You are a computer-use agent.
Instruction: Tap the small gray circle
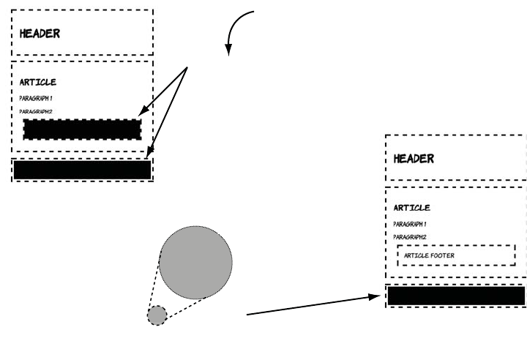pos(157,315)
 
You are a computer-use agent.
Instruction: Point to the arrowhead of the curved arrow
pos(228,53)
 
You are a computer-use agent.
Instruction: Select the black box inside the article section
pos(82,129)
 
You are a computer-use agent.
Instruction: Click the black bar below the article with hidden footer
pos(82,170)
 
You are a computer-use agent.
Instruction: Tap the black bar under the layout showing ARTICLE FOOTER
pos(455,296)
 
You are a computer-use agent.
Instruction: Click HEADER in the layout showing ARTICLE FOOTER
pos(414,158)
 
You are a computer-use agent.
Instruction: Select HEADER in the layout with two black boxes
pos(40,33)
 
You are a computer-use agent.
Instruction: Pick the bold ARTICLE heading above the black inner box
pos(38,82)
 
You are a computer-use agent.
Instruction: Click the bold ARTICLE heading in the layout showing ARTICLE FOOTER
pos(412,208)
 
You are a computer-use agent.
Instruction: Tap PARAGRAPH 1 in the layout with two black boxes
pos(36,98)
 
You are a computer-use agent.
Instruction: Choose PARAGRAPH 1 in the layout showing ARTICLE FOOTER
pos(410,224)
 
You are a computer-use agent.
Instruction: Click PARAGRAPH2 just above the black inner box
pos(36,111)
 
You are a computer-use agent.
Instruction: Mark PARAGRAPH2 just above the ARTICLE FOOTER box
pos(410,237)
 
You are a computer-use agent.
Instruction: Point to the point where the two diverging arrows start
pos(188,68)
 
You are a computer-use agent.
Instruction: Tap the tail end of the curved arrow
pos(254,12)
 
